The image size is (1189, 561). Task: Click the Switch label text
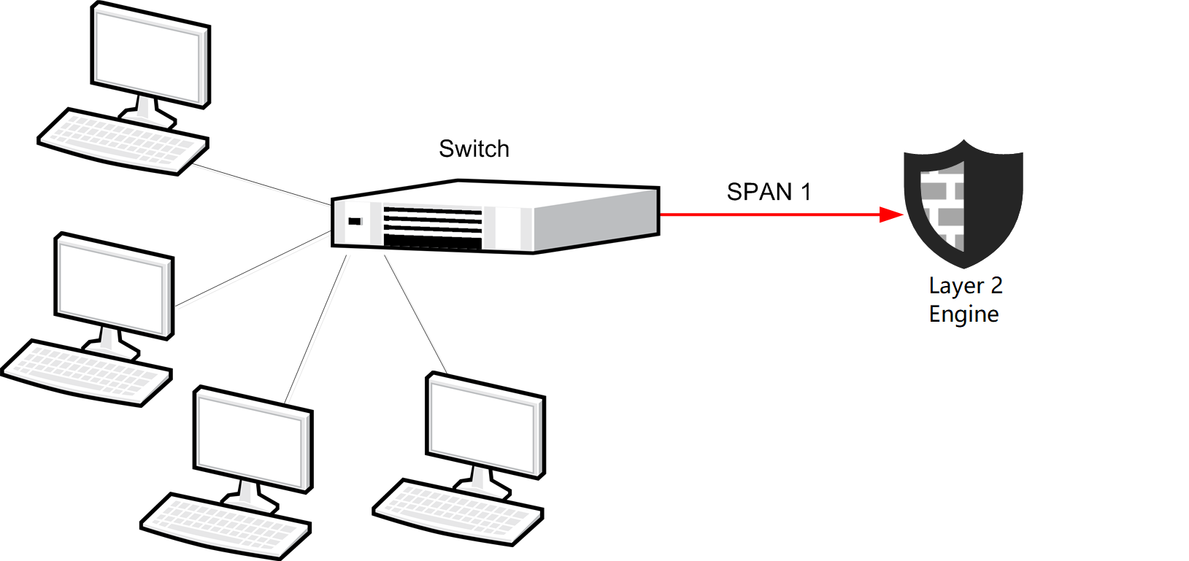pyautogui.click(x=474, y=149)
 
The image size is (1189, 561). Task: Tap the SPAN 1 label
pyautogui.click(x=769, y=192)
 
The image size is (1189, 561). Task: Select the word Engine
pyautogui.click(x=963, y=314)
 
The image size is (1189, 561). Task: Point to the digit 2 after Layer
pyautogui.click(x=996, y=285)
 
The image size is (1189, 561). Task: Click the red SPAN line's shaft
pyautogui.click(x=766, y=214)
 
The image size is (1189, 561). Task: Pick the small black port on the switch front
pyautogui.click(x=355, y=221)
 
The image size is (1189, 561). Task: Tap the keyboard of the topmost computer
pyautogui.click(x=122, y=142)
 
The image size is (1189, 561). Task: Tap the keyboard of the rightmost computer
pyautogui.click(x=458, y=511)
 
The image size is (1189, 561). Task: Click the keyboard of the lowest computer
pyautogui.click(x=226, y=526)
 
